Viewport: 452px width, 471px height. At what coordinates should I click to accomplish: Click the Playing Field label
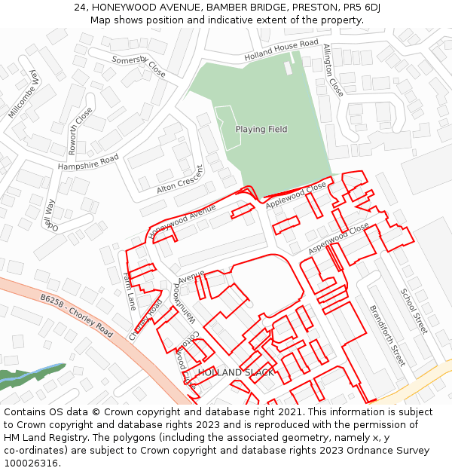point(261,129)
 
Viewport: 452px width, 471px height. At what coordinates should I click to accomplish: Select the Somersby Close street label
point(138,66)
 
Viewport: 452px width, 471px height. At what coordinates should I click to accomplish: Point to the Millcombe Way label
point(23,93)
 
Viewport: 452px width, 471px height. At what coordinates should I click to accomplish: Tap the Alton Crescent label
point(180,179)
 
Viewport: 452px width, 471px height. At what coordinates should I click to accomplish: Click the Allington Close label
point(332,69)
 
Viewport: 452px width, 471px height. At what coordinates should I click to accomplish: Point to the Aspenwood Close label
point(339,238)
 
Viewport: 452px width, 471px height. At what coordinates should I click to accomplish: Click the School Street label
point(413,311)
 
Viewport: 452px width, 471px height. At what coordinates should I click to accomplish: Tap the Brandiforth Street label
point(386,335)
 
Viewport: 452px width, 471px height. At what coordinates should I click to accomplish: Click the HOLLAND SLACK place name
point(236,373)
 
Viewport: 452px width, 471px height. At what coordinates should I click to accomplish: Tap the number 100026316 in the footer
point(30,463)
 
